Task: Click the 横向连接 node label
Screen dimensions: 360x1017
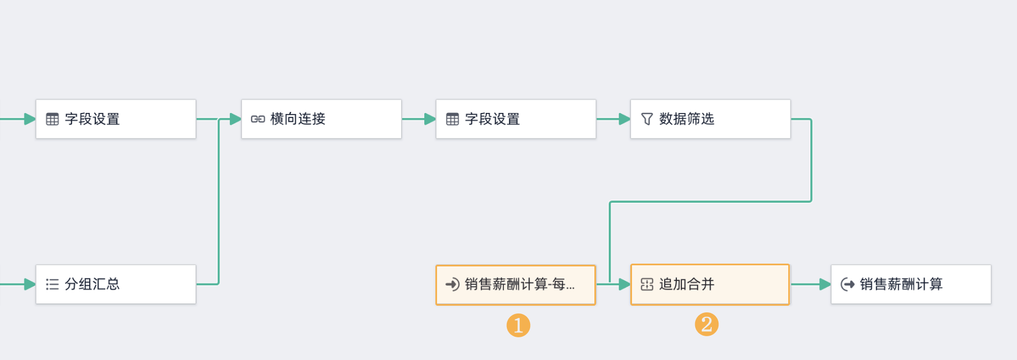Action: pyautogui.click(x=297, y=119)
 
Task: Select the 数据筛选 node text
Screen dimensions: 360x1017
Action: pyautogui.click(x=686, y=119)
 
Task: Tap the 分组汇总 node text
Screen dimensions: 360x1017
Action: pyautogui.click(x=92, y=284)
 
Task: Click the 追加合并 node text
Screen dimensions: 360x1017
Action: pyautogui.click(x=686, y=284)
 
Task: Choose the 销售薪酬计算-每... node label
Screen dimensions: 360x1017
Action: pyautogui.click(x=520, y=284)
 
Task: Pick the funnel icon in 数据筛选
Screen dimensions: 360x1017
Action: pyautogui.click(x=646, y=119)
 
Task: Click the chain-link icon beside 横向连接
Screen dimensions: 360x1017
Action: pyautogui.click(x=258, y=119)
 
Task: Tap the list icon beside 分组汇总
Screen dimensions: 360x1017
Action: pyautogui.click(x=52, y=284)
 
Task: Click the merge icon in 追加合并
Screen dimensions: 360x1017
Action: pyautogui.click(x=646, y=284)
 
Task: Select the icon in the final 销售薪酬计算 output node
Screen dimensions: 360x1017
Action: pyautogui.click(x=847, y=284)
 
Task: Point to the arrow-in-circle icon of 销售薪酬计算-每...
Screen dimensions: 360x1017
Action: pyautogui.click(x=452, y=284)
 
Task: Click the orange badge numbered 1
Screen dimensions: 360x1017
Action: pyautogui.click(x=518, y=325)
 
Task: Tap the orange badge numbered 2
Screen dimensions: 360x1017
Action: pyautogui.click(x=706, y=324)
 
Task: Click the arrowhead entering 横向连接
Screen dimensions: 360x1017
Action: pyautogui.click(x=235, y=119)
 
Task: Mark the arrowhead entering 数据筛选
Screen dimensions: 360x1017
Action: pyautogui.click(x=624, y=119)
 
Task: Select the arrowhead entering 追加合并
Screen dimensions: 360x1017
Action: pyautogui.click(x=624, y=284)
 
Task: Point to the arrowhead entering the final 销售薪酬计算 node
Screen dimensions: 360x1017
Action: pyautogui.click(x=825, y=284)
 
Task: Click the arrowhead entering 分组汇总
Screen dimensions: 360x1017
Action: pyautogui.click(x=30, y=284)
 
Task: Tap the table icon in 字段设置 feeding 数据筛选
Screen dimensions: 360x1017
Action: pyautogui.click(x=452, y=119)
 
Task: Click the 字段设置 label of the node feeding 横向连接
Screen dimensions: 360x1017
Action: pyautogui.click(x=92, y=119)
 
